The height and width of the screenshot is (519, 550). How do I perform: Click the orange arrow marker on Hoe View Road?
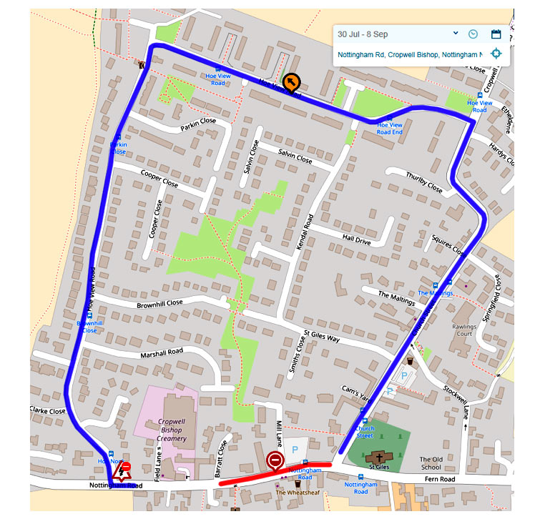click(291, 83)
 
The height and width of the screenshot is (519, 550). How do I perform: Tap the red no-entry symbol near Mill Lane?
click(275, 461)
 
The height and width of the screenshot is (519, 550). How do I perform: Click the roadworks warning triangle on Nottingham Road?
click(119, 473)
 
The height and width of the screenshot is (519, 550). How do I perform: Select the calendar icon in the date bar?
click(496, 34)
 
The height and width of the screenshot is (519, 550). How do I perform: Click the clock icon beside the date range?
click(473, 34)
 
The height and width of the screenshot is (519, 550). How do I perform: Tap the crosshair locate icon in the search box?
click(496, 54)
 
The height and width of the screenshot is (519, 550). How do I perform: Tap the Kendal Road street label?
click(304, 231)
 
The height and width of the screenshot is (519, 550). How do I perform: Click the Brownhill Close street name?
click(160, 304)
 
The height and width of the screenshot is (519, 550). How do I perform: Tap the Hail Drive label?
click(356, 242)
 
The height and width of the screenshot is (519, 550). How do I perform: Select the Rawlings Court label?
click(464, 329)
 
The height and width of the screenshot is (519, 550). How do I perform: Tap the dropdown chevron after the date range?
click(456, 34)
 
